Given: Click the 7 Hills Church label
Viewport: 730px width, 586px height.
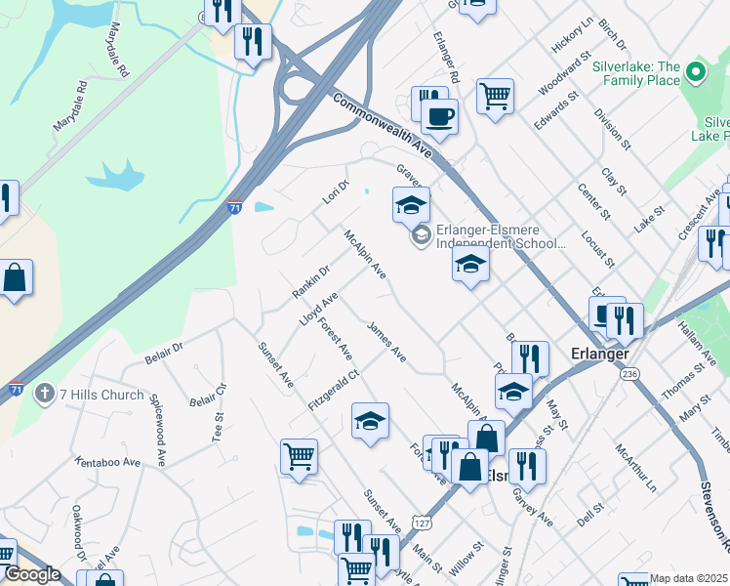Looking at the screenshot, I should click(101, 395).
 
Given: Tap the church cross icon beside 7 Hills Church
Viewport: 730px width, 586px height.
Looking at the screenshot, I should click(44, 394).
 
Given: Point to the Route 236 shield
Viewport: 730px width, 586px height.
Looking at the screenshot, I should click(629, 373).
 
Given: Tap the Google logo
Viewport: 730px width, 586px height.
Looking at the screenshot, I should click(32, 574).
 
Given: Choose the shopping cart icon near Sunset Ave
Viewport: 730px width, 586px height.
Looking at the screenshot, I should click(298, 455).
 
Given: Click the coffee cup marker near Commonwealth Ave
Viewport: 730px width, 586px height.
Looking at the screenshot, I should click(439, 116).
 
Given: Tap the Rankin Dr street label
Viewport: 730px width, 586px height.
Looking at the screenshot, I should click(311, 281).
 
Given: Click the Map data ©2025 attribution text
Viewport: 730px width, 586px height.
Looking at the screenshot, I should click(688, 578).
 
